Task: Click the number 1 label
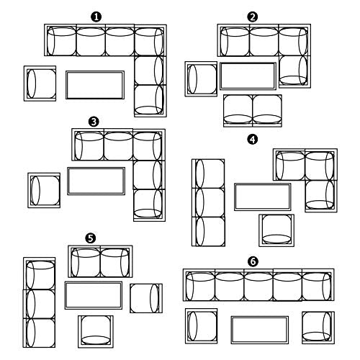pyautogui.click(x=96, y=17)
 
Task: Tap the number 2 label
pyautogui.click(x=253, y=17)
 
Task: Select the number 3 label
pyautogui.click(x=94, y=122)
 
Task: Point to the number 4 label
pyautogui.click(x=253, y=140)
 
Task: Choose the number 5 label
pyautogui.click(x=91, y=238)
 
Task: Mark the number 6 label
pyautogui.click(x=253, y=261)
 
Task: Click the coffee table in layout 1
pyautogui.click(x=95, y=85)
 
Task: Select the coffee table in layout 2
pyautogui.click(x=248, y=76)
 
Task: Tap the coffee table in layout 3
pyautogui.click(x=96, y=181)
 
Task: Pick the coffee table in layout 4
pyautogui.click(x=263, y=197)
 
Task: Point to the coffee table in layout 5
pyautogui.click(x=94, y=295)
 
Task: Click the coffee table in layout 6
pyautogui.click(x=260, y=330)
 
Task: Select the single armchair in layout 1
pyautogui.click(x=40, y=84)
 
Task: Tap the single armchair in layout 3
pyautogui.click(x=44, y=190)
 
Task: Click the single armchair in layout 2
pyautogui.click(x=201, y=79)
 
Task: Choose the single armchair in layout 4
pyautogui.click(x=276, y=230)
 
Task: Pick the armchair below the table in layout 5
pyautogui.click(x=96, y=332)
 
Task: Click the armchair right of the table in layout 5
pyautogui.click(x=146, y=298)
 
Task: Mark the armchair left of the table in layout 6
pyautogui.click(x=202, y=326)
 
